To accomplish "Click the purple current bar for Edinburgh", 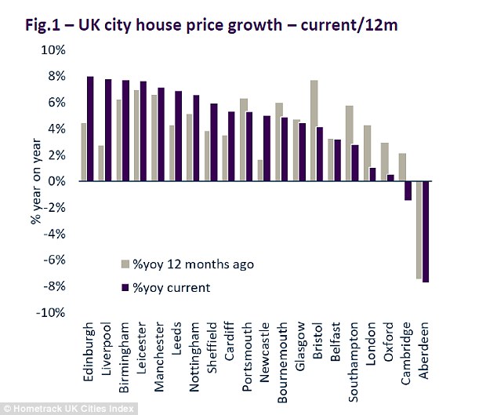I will pyautogui.click(x=90, y=129).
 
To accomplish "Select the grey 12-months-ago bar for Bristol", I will pyautogui.click(x=314, y=130).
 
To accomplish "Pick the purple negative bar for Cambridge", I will pyautogui.click(x=408, y=191).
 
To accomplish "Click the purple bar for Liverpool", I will pyautogui.click(x=107, y=130).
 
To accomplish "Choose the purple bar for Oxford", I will pyautogui.click(x=390, y=177).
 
